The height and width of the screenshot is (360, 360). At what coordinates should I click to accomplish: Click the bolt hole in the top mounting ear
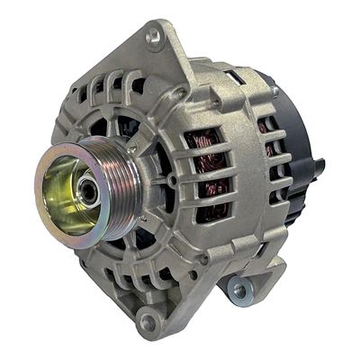tap(154, 37)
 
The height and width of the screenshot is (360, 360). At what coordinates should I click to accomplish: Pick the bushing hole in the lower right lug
tap(238, 290)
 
